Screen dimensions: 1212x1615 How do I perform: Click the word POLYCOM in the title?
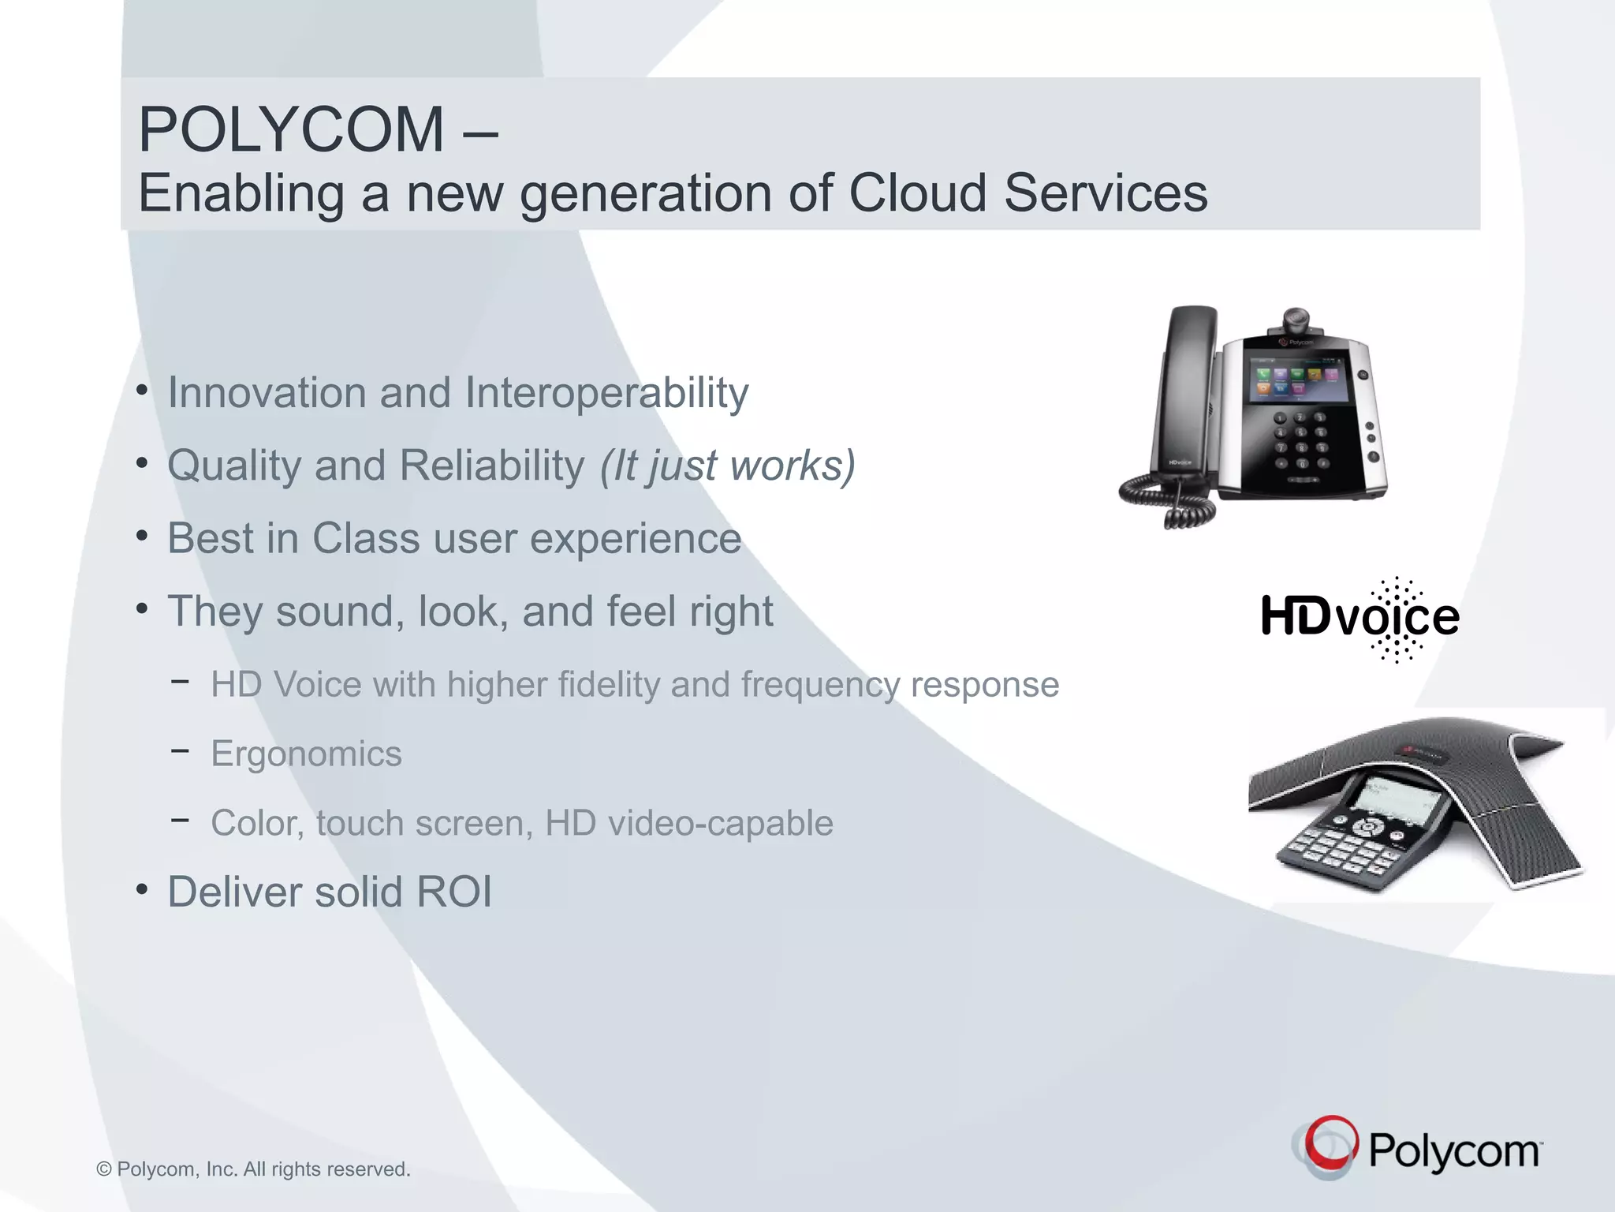[291, 129]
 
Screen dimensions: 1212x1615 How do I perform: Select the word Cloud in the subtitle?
[917, 193]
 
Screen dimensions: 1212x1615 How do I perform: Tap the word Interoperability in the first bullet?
[606, 392]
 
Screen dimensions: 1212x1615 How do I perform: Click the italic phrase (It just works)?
[727, 465]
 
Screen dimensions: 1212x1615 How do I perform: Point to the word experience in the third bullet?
[635, 538]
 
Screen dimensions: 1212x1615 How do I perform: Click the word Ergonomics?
[306, 754]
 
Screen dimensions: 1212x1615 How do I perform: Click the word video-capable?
[688, 823]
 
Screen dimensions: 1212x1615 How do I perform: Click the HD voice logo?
[1360, 618]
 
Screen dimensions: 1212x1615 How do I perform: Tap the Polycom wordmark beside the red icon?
[1454, 1151]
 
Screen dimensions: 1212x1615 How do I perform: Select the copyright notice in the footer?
[253, 1169]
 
